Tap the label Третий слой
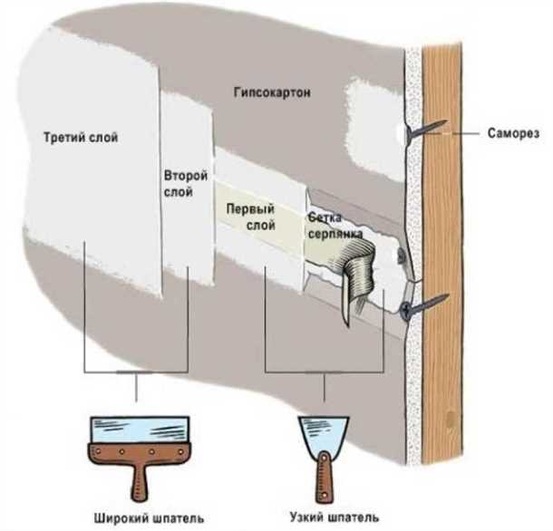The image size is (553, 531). (82, 138)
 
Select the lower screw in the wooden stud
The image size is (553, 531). (426, 304)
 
